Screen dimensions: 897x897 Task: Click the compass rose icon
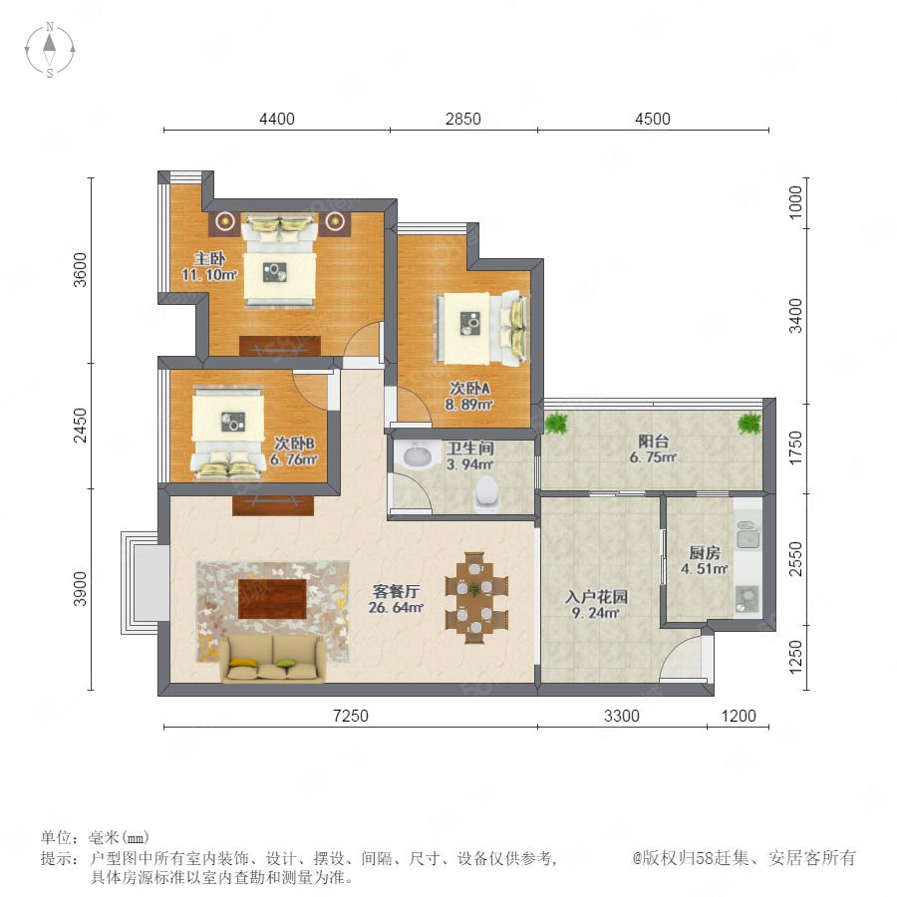coord(50,50)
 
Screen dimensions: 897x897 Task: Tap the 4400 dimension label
coord(277,119)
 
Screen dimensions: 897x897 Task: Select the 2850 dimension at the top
coord(462,119)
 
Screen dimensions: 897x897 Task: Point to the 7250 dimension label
coord(350,716)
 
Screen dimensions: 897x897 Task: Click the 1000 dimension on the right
coord(795,202)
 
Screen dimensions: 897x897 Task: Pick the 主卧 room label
coord(209,258)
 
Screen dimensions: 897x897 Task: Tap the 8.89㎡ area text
coord(469,405)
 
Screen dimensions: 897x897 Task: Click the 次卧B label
coord(294,443)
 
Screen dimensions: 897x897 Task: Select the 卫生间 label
coord(470,448)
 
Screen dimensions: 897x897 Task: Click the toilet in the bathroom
coord(487,493)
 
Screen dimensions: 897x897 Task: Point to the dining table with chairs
coord(476,598)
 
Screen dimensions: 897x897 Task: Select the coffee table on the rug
coord(272,598)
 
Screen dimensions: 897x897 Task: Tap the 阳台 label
coord(653,442)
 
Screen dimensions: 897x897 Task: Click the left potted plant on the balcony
coord(556,424)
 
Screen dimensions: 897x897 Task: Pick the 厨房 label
coord(705,552)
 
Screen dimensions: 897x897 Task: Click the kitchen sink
coord(747,535)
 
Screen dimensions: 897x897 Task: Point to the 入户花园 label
coord(597,597)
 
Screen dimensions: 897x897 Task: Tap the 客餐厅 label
coord(396,591)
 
